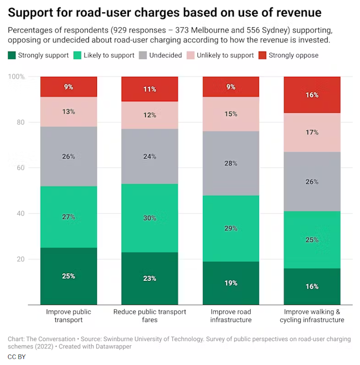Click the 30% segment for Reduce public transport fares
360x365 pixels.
click(149, 218)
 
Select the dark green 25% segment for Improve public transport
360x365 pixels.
click(69, 276)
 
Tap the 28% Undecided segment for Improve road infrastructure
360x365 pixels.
click(231, 163)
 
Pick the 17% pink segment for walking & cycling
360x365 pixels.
click(312, 132)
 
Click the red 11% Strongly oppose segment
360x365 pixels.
click(149, 89)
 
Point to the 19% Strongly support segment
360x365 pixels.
click(231, 283)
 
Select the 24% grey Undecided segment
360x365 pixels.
click(149, 156)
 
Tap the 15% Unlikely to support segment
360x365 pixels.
click(231, 114)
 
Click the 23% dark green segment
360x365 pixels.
click(149, 279)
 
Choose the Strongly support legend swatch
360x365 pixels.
click(12, 55)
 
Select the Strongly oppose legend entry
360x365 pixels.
click(288, 55)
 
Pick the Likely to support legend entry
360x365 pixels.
click(104, 55)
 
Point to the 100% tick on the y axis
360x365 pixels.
click(18, 77)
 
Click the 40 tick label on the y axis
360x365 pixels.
click(21, 214)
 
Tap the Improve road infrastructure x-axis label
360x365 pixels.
click(231, 316)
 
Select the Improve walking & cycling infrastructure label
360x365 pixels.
click(312, 316)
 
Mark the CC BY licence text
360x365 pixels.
click(17, 357)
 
